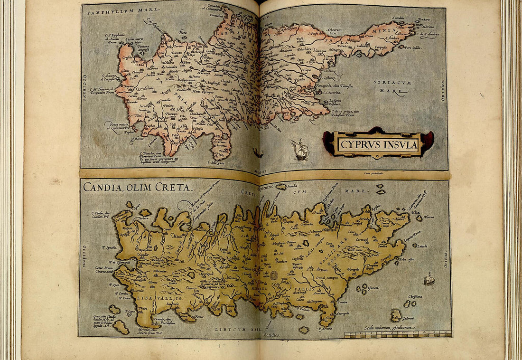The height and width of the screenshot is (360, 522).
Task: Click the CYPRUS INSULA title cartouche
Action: (378, 143)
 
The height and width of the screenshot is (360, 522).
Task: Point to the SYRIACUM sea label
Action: (392, 82)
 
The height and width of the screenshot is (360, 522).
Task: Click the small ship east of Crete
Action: (429, 279)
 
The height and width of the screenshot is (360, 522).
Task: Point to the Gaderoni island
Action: (397, 315)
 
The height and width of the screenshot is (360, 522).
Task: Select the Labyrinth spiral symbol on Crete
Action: (275, 275)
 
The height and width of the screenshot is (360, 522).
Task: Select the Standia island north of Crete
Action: (282, 187)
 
